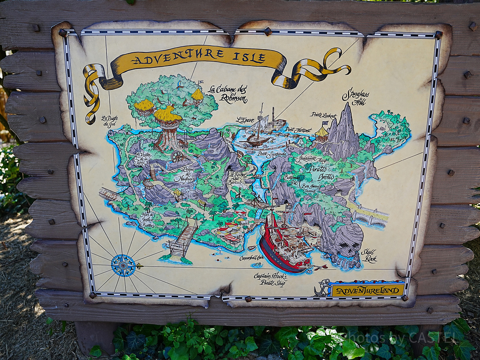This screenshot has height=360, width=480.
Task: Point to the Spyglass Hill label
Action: click(356, 96)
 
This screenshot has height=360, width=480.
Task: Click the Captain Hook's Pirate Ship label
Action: click(270, 280)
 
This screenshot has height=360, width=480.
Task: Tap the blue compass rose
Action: click(123, 265)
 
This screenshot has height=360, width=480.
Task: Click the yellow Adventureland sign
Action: click(367, 290)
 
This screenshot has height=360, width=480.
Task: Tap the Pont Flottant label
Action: click(298, 130)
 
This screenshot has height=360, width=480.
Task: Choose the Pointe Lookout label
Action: click(323, 115)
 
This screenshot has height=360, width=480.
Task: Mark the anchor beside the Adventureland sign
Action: click(322, 288)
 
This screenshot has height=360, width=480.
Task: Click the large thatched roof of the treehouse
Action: click(168, 114)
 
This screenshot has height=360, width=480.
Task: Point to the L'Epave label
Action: click(245, 119)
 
